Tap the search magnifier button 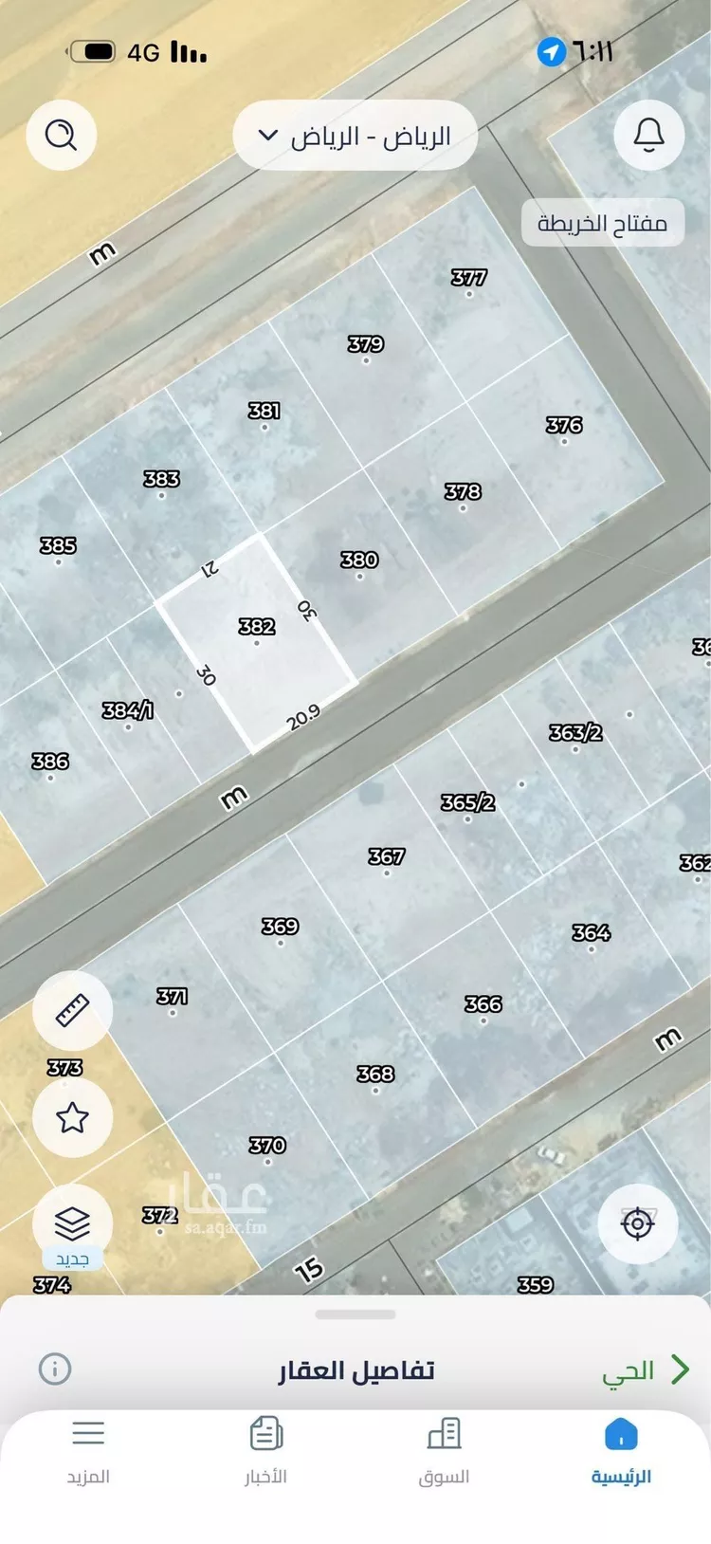tap(62, 136)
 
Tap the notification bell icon tap(648, 136)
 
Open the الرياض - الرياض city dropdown tap(355, 137)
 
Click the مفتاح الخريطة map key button tap(602, 224)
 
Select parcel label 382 tap(256, 627)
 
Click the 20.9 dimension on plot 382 tap(303, 718)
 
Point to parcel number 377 tap(468, 278)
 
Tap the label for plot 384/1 tap(128, 710)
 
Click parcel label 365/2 tap(467, 802)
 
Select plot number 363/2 tap(575, 733)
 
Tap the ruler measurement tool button tap(73, 1011)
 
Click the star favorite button tap(73, 1118)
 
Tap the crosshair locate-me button tap(637, 1222)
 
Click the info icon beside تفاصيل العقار tap(55, 1369)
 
